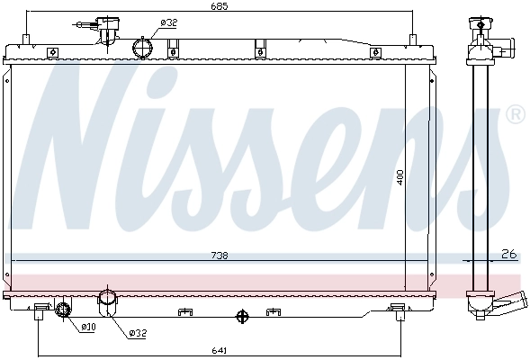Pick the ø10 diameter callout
tap(87, 326)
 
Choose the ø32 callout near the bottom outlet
tap(137, 334)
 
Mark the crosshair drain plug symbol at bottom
tap(240, 316)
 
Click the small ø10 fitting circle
tap(63, 310)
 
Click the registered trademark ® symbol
tap(515, 115)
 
